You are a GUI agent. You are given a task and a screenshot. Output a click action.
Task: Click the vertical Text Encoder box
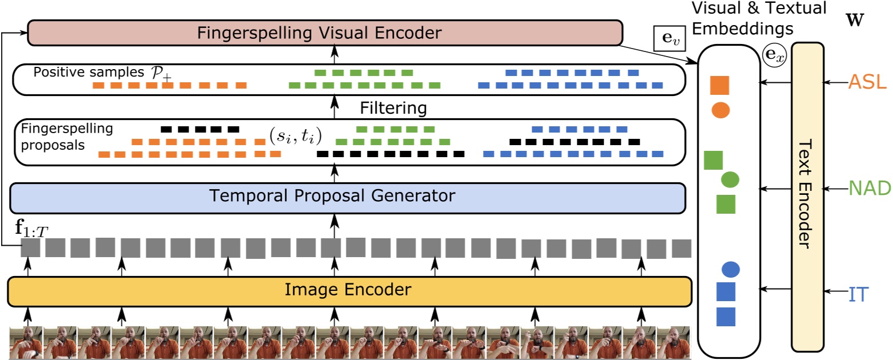click(807, 196)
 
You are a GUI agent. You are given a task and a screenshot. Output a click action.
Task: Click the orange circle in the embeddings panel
click(720, 110)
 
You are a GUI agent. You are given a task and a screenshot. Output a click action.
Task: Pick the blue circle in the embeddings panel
click(731, 268)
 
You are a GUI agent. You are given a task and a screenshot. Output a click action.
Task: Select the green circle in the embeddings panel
click(730, 180)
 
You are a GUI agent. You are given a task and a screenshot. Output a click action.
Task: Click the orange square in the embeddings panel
click(720, 85)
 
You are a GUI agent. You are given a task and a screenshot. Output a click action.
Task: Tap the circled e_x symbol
click(775, 55)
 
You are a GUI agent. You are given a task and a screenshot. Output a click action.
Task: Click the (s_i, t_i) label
click(296, 136)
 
